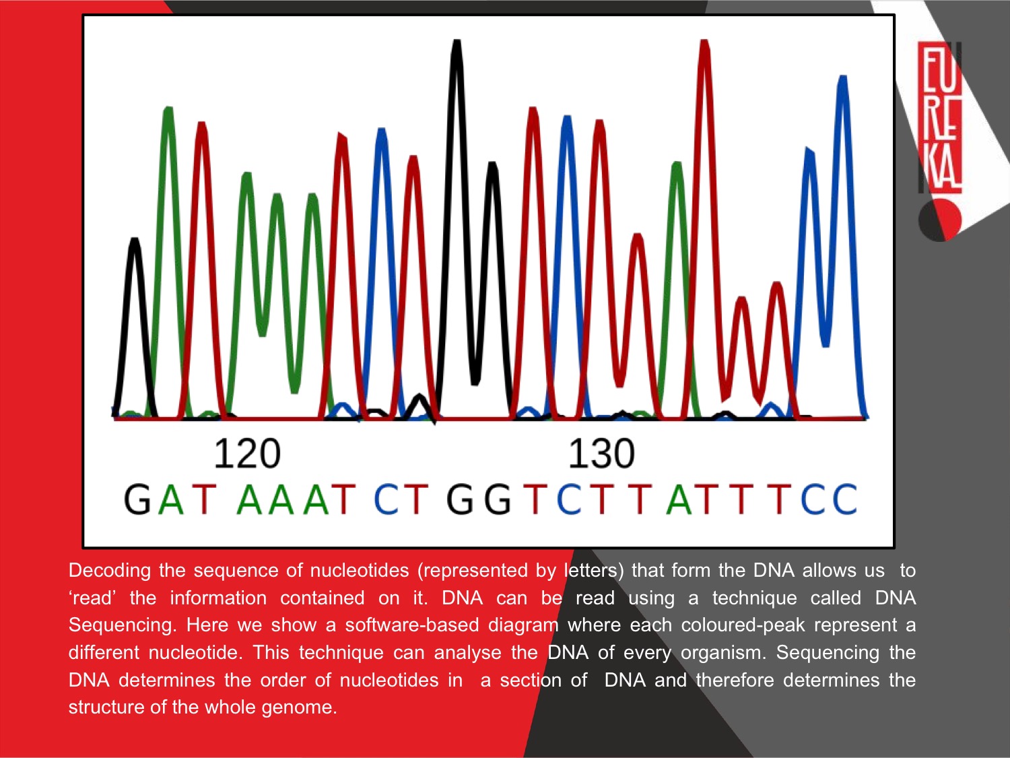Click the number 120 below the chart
point(247,453)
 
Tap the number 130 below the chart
point(601,453)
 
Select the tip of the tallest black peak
point(457,41)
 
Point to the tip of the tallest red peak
point(704,41)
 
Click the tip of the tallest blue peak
point(842,77)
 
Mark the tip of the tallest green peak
point(168,108)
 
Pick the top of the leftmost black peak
point(135,239)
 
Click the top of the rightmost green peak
point(677,163)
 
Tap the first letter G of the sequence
point(137,499)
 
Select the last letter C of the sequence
point(844,499)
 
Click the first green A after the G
point(171,499)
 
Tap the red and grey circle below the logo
point(940,220)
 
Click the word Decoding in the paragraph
point(110,571)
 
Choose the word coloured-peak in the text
point(743,625)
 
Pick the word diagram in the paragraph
point(523,626)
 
